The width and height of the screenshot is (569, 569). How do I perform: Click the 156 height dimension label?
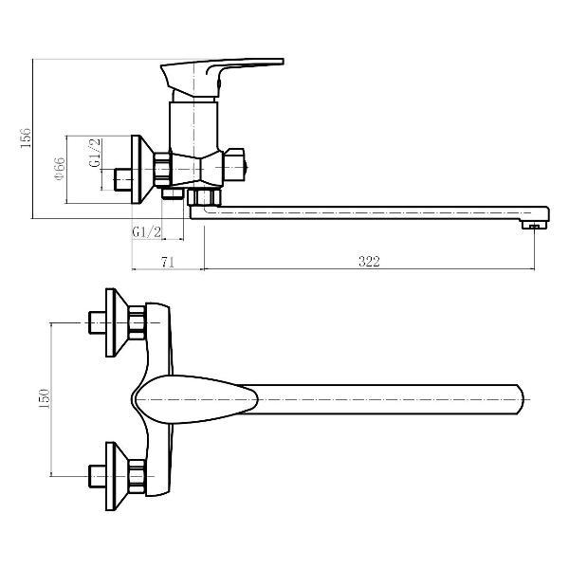26,138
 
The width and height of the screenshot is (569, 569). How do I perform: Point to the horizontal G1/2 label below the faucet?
146,232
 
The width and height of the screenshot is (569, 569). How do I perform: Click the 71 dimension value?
167,262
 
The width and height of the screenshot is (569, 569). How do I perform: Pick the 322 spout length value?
369,262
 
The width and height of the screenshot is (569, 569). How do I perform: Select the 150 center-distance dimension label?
43,398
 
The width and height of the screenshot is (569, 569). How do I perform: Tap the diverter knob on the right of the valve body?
238,167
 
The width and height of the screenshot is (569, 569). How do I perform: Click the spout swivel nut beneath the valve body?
203,197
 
